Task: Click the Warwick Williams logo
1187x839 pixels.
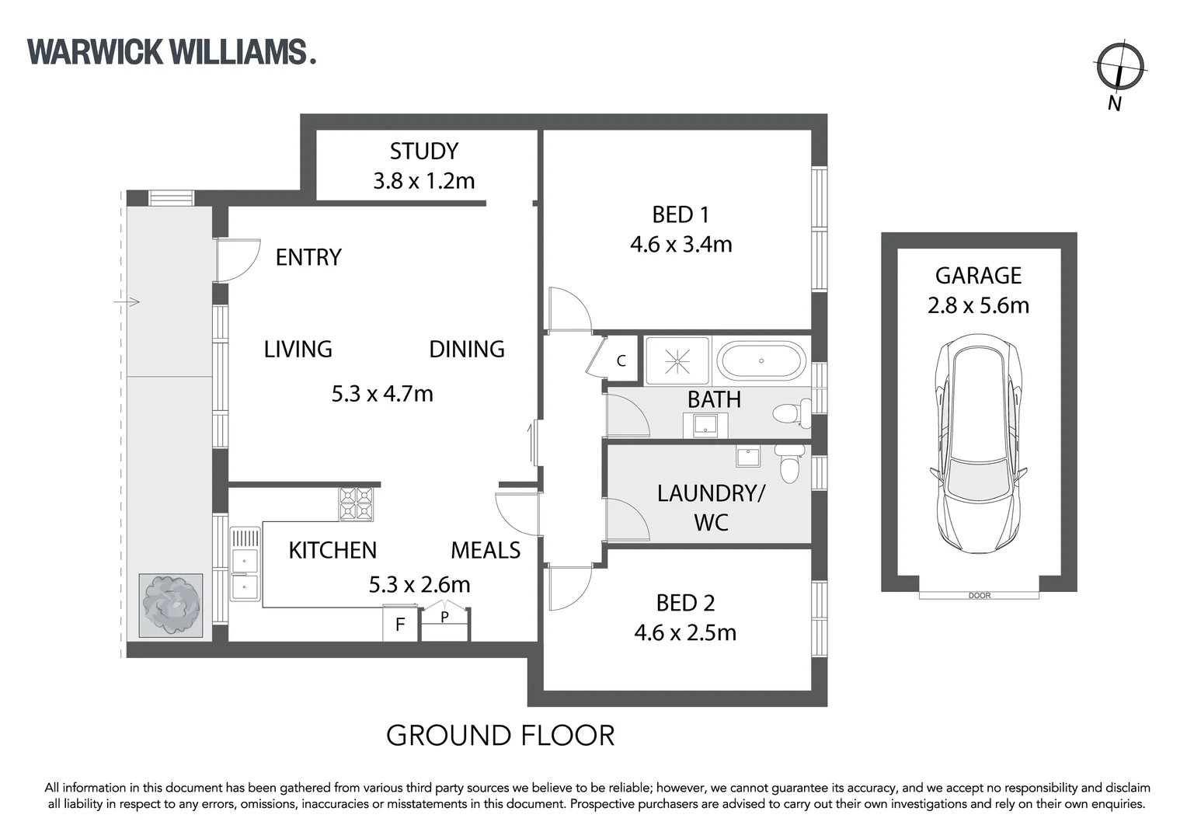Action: coord(171,52)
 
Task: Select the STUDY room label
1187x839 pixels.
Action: coord(423,151)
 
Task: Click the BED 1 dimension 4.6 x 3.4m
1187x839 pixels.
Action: coord(681,244)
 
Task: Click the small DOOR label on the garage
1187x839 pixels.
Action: coord(980,596)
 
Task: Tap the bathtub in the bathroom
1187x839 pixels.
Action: coord(761,361)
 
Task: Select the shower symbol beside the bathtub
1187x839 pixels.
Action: coord(677,360)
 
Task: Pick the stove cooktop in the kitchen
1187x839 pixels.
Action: coord(357,503)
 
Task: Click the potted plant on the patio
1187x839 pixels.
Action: coord(171,605)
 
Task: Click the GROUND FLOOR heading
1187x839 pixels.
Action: coord(500,735)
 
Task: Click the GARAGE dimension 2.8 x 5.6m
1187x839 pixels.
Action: coord(978,305)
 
